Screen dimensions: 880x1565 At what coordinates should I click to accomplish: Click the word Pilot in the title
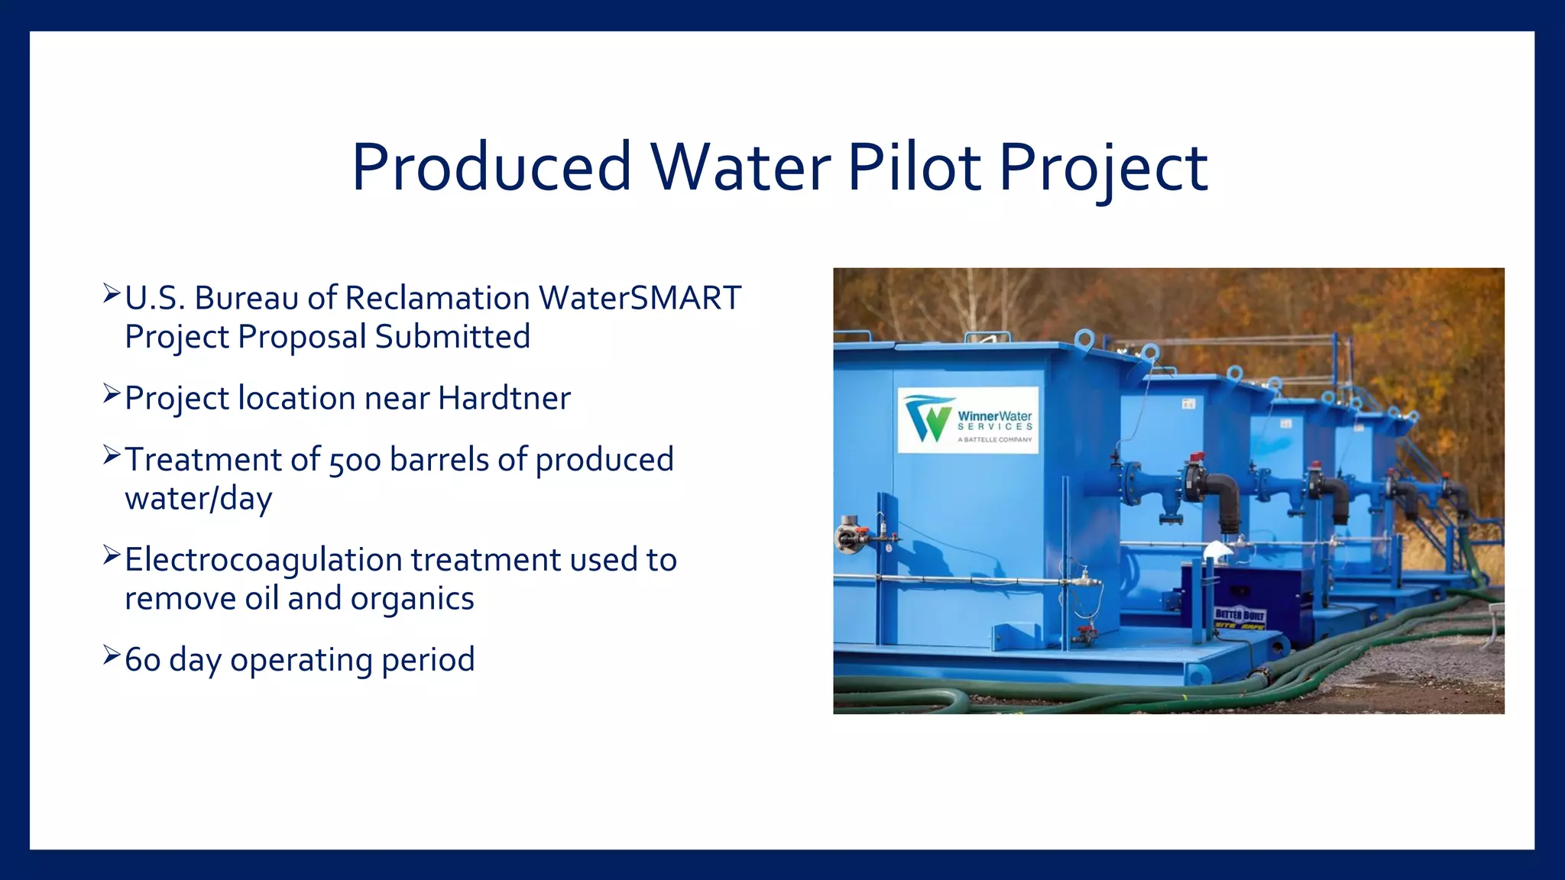[x=914, y=167]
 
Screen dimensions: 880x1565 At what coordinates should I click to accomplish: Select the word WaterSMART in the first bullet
[x=640, y=298]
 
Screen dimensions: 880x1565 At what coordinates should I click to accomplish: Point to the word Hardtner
[x=504, y=398]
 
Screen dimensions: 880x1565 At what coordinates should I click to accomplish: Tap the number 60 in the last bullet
[x=142, y=660]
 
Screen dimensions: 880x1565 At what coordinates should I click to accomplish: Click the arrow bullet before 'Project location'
[x=112, y=394]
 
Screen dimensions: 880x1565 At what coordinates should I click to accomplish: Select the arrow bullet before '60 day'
[x=112, y=655]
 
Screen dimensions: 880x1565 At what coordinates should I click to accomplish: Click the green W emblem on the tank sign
[x=928, y=419]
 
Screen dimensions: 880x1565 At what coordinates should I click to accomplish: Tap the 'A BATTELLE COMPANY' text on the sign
[x=994, y=440]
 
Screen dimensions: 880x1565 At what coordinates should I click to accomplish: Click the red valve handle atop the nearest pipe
[x=1197, y=458]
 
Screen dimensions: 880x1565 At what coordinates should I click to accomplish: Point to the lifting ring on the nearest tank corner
[x=1084, y=338]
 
